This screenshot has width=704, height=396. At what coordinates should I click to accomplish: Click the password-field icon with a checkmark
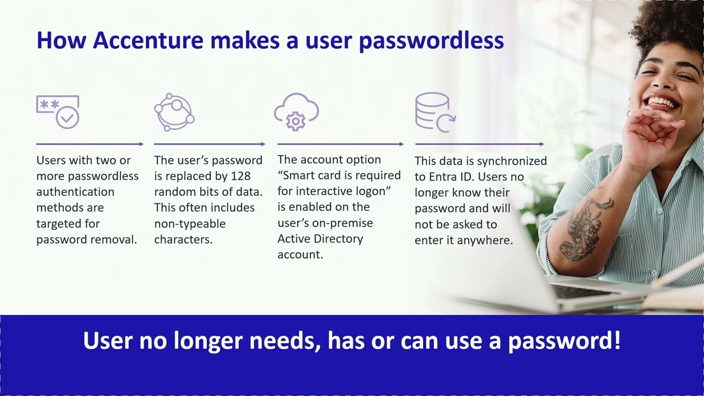pos(58,112)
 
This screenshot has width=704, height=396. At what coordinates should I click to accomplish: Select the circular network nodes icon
pos(174,112)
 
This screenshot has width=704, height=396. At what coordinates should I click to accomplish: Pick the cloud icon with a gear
pos(296,112)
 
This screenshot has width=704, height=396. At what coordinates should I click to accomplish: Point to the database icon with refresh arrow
pos(435,112)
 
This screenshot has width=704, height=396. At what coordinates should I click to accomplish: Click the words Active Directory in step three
pos(320,239)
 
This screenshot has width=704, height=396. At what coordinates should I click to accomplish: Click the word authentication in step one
pos(75,192)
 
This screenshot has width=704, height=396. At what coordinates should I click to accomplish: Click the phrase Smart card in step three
pos(312,175)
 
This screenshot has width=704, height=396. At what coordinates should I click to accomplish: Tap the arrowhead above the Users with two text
pos(141,144)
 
